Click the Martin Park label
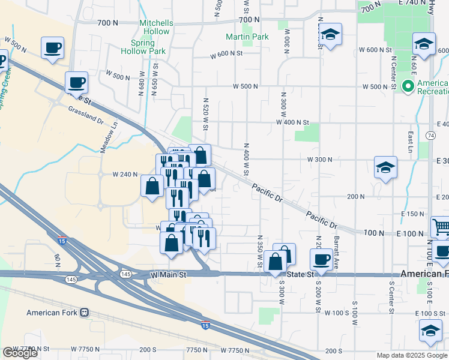coord(247,37)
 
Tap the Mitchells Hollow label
coord(156,27)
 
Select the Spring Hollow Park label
coord(148,47)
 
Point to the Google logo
coord(20,353)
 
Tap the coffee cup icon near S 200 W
coord(322,259)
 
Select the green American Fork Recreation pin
coord(409,87)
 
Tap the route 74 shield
coord(431,136)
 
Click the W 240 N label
coord(125,174)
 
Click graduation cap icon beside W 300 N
coord(385,167)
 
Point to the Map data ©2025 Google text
coord(411,355)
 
